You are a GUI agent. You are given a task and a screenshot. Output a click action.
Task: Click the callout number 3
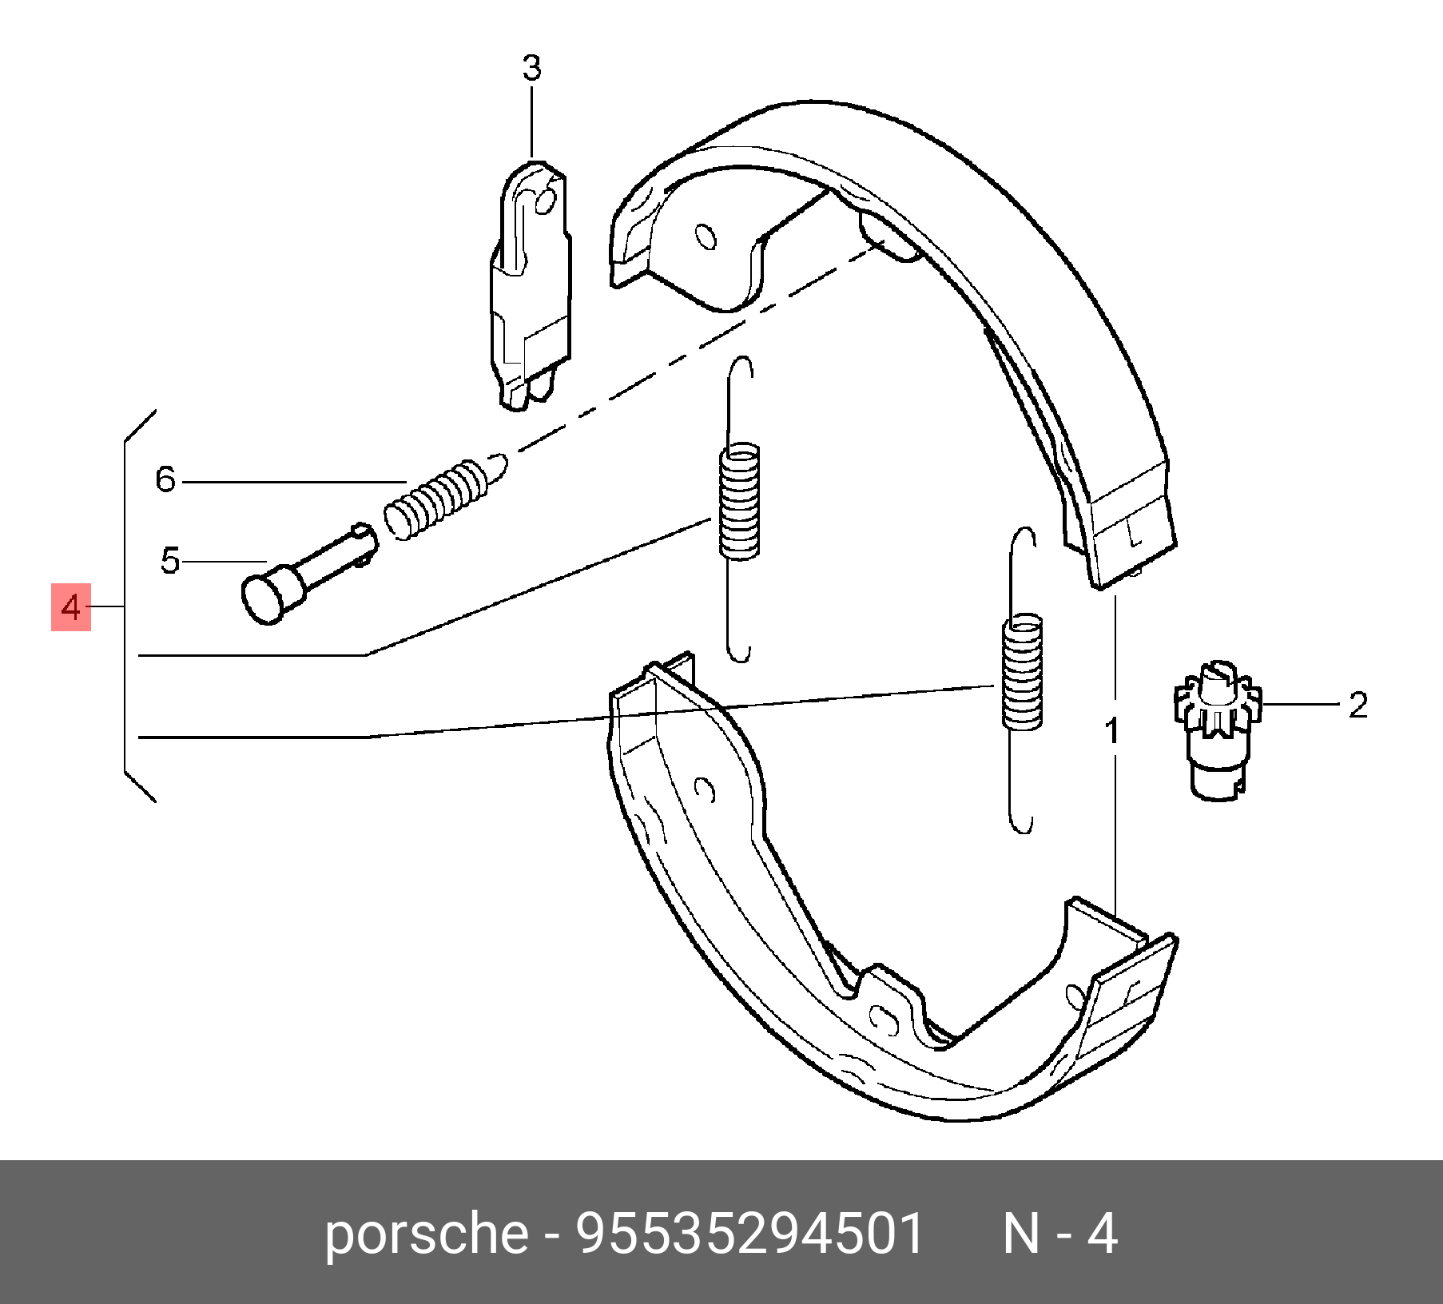531,69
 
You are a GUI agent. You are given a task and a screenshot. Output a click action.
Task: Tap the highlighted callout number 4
71,608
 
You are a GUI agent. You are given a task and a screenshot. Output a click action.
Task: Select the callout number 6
165,479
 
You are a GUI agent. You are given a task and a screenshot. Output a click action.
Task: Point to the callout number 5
169,561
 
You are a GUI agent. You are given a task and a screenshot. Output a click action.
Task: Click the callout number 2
1358,706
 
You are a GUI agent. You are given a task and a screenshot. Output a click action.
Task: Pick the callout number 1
1111,731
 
